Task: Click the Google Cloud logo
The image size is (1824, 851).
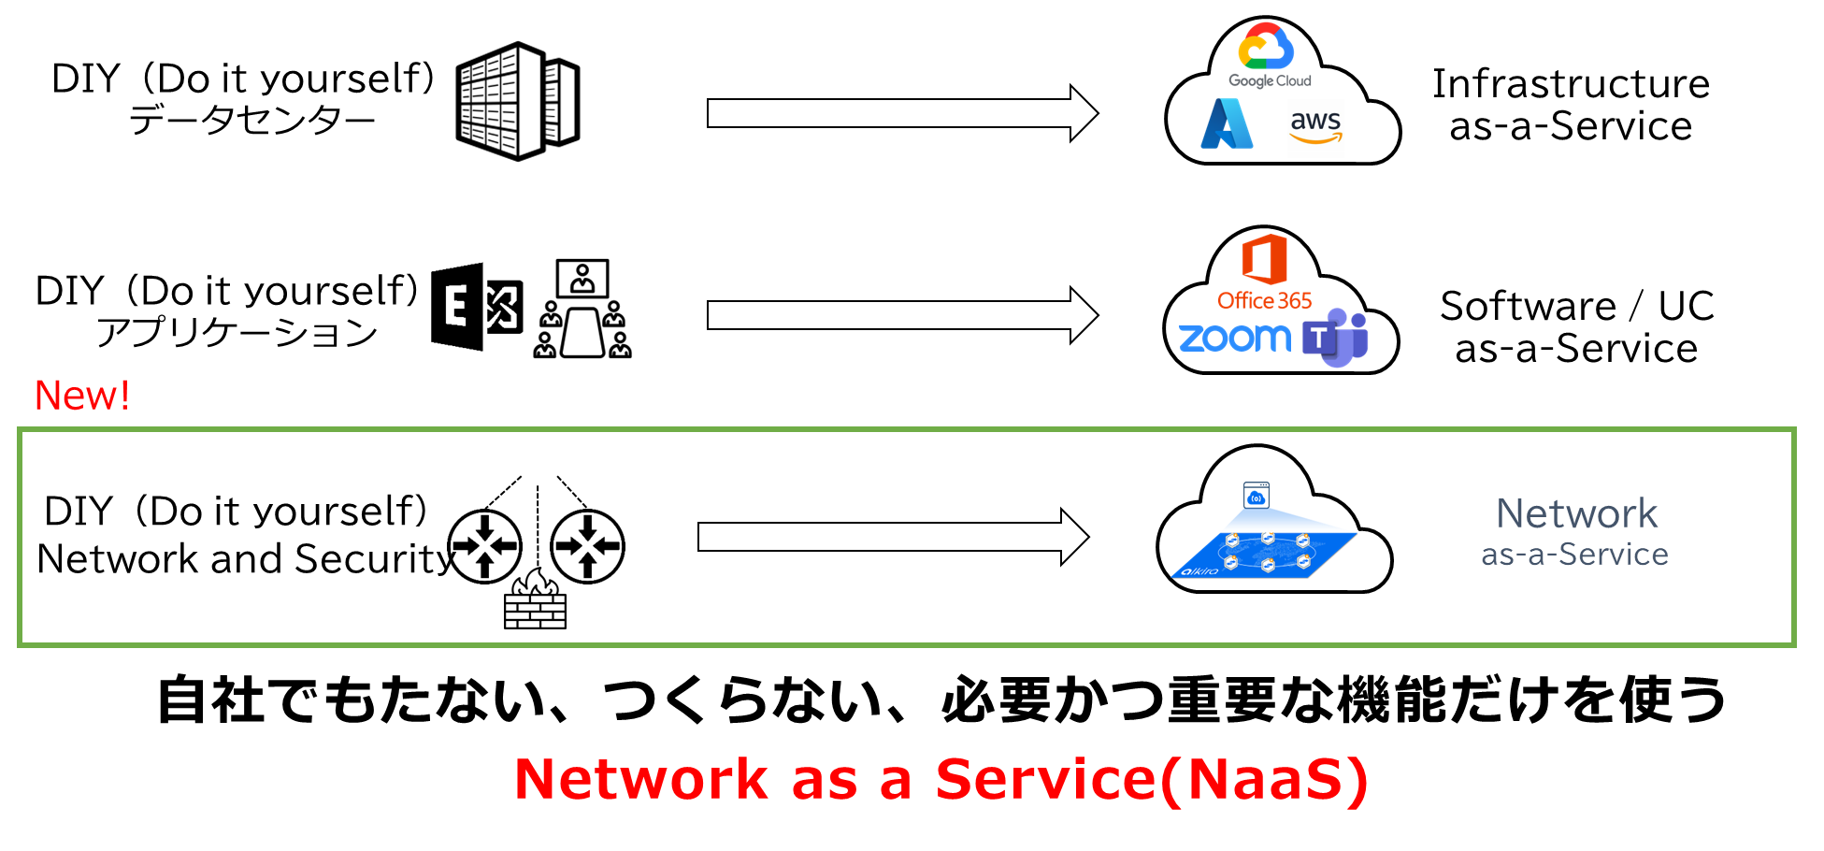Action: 1268,56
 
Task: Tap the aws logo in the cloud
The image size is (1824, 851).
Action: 1315,126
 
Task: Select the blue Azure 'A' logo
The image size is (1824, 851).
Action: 1227,124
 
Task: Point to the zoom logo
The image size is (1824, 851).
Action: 1234,338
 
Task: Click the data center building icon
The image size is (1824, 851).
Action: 517,101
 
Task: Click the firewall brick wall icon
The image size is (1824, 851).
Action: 535,601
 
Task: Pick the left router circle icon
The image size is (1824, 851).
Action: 484,546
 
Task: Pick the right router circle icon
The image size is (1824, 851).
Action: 587,546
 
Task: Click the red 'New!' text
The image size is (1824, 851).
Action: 82,396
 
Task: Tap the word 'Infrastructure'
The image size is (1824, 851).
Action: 1571,84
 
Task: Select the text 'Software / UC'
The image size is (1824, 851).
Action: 1576,306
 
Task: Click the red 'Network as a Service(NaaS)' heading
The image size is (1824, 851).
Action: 941,779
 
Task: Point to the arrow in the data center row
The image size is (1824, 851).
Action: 902,113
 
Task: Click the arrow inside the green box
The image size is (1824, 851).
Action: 893,537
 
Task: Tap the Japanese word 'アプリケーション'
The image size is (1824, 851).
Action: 237,333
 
